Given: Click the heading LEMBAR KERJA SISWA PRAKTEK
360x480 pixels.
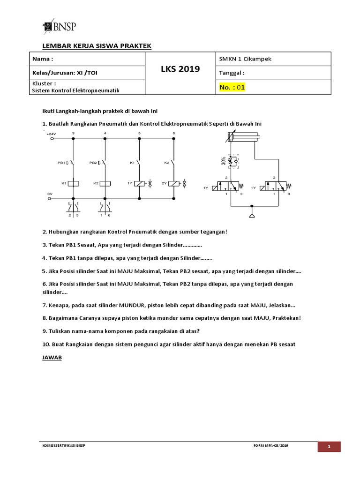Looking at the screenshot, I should point(97,45).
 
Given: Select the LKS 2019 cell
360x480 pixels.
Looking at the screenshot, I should point(180,69).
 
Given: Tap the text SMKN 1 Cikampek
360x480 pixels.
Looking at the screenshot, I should point(245,59).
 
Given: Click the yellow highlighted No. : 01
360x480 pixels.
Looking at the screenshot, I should point(232,87).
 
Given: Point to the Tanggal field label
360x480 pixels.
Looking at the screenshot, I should point(232,73).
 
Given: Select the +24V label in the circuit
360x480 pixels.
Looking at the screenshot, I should point(51,134).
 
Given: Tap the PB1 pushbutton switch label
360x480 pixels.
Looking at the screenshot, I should point(61,163).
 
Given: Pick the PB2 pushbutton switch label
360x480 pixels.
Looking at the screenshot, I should point(93,163).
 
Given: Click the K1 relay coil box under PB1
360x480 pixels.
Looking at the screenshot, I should point(73,184).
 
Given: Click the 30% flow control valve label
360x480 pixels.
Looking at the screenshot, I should point(224,161).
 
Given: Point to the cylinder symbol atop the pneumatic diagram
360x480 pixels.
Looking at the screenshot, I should point(242,137).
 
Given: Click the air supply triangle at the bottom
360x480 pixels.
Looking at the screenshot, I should point(252,215).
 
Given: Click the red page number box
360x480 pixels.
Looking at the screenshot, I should point(329,447).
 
